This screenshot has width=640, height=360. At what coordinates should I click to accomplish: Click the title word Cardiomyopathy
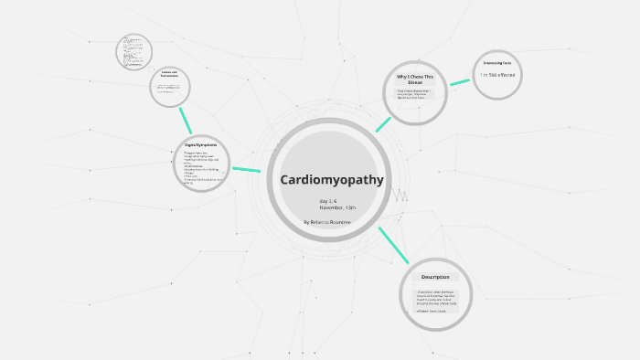331,180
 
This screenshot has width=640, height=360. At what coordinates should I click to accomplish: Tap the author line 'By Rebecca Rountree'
327,222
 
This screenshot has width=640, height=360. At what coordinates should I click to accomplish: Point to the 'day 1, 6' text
327,200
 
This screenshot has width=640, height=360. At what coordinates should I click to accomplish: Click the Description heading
435,277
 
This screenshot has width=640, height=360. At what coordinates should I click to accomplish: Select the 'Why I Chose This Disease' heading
415,79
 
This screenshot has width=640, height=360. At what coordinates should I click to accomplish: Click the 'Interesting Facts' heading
497,63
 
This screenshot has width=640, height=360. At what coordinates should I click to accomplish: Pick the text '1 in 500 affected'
497,74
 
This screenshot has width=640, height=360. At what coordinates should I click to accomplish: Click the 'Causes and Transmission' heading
169,75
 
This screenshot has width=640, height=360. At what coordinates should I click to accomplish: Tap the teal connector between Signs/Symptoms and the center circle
246,169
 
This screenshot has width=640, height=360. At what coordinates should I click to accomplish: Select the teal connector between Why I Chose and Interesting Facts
459,82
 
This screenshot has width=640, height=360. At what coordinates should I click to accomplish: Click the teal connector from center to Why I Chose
383,124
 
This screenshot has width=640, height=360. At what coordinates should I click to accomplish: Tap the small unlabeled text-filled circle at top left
133,52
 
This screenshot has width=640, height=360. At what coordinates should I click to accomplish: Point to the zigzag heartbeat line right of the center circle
400,195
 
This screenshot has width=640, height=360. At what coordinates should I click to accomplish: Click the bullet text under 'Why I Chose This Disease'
414,94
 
